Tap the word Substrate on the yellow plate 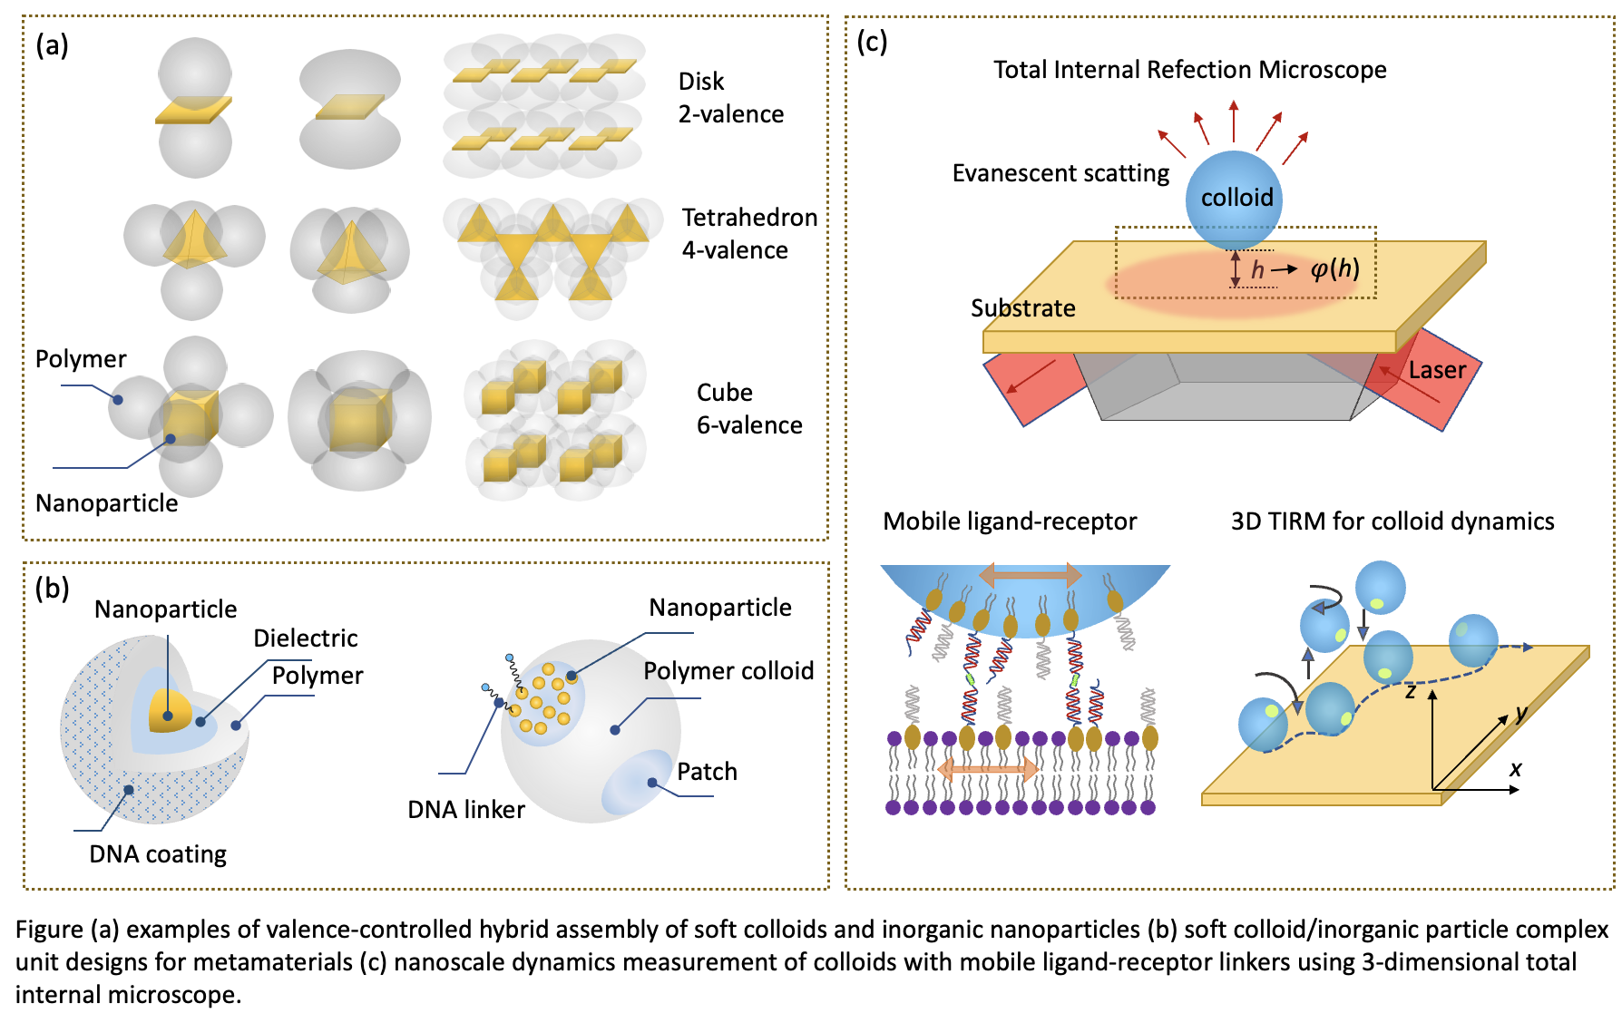click(1022, 308)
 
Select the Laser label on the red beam click(1437, 370)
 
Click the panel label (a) click(52, 44)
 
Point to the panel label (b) click(52, 589)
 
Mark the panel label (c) click(872, 41)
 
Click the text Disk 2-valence click(730, 98)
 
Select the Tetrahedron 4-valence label click(749, 234)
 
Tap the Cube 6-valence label click(749, 409)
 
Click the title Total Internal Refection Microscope click(1189, 70)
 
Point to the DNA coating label click(158, 854)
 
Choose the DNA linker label click(466, 810)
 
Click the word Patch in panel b click(707, 772)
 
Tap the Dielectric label click(305, 638)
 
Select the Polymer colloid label click(728, 671)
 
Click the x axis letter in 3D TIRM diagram click(1515, 769)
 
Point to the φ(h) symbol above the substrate click(1334, 268)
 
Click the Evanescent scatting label click(1060, 173)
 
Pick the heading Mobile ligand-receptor click(1010, 521)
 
